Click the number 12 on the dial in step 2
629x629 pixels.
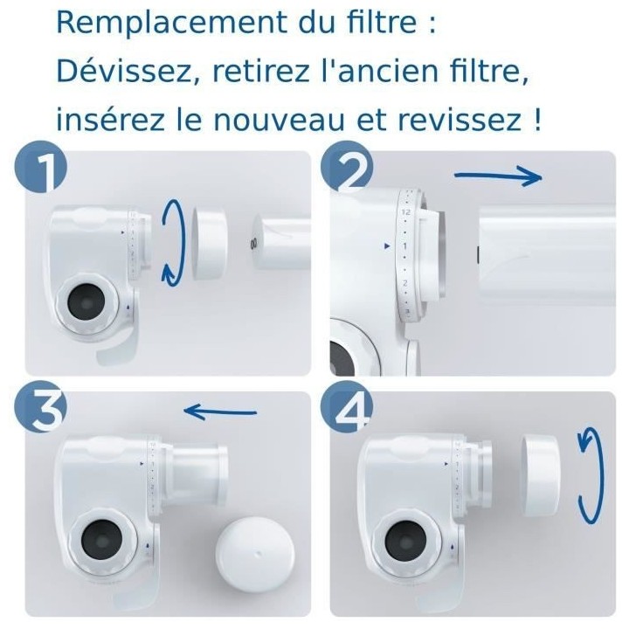tap(404, 212)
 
